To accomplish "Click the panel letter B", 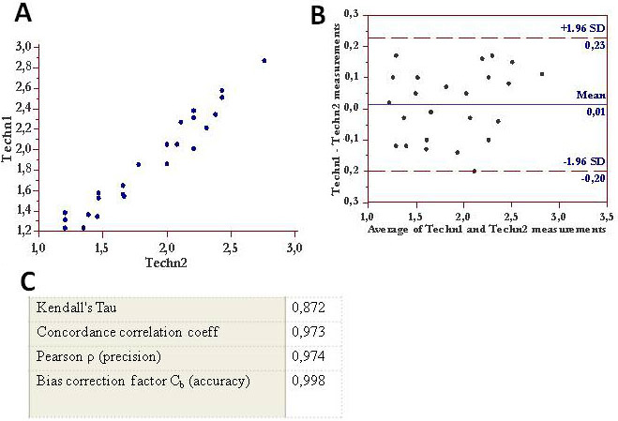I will (x=318, y=15).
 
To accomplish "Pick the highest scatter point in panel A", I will (x=264, y=60).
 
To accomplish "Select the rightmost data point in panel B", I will (x=542, y=73).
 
